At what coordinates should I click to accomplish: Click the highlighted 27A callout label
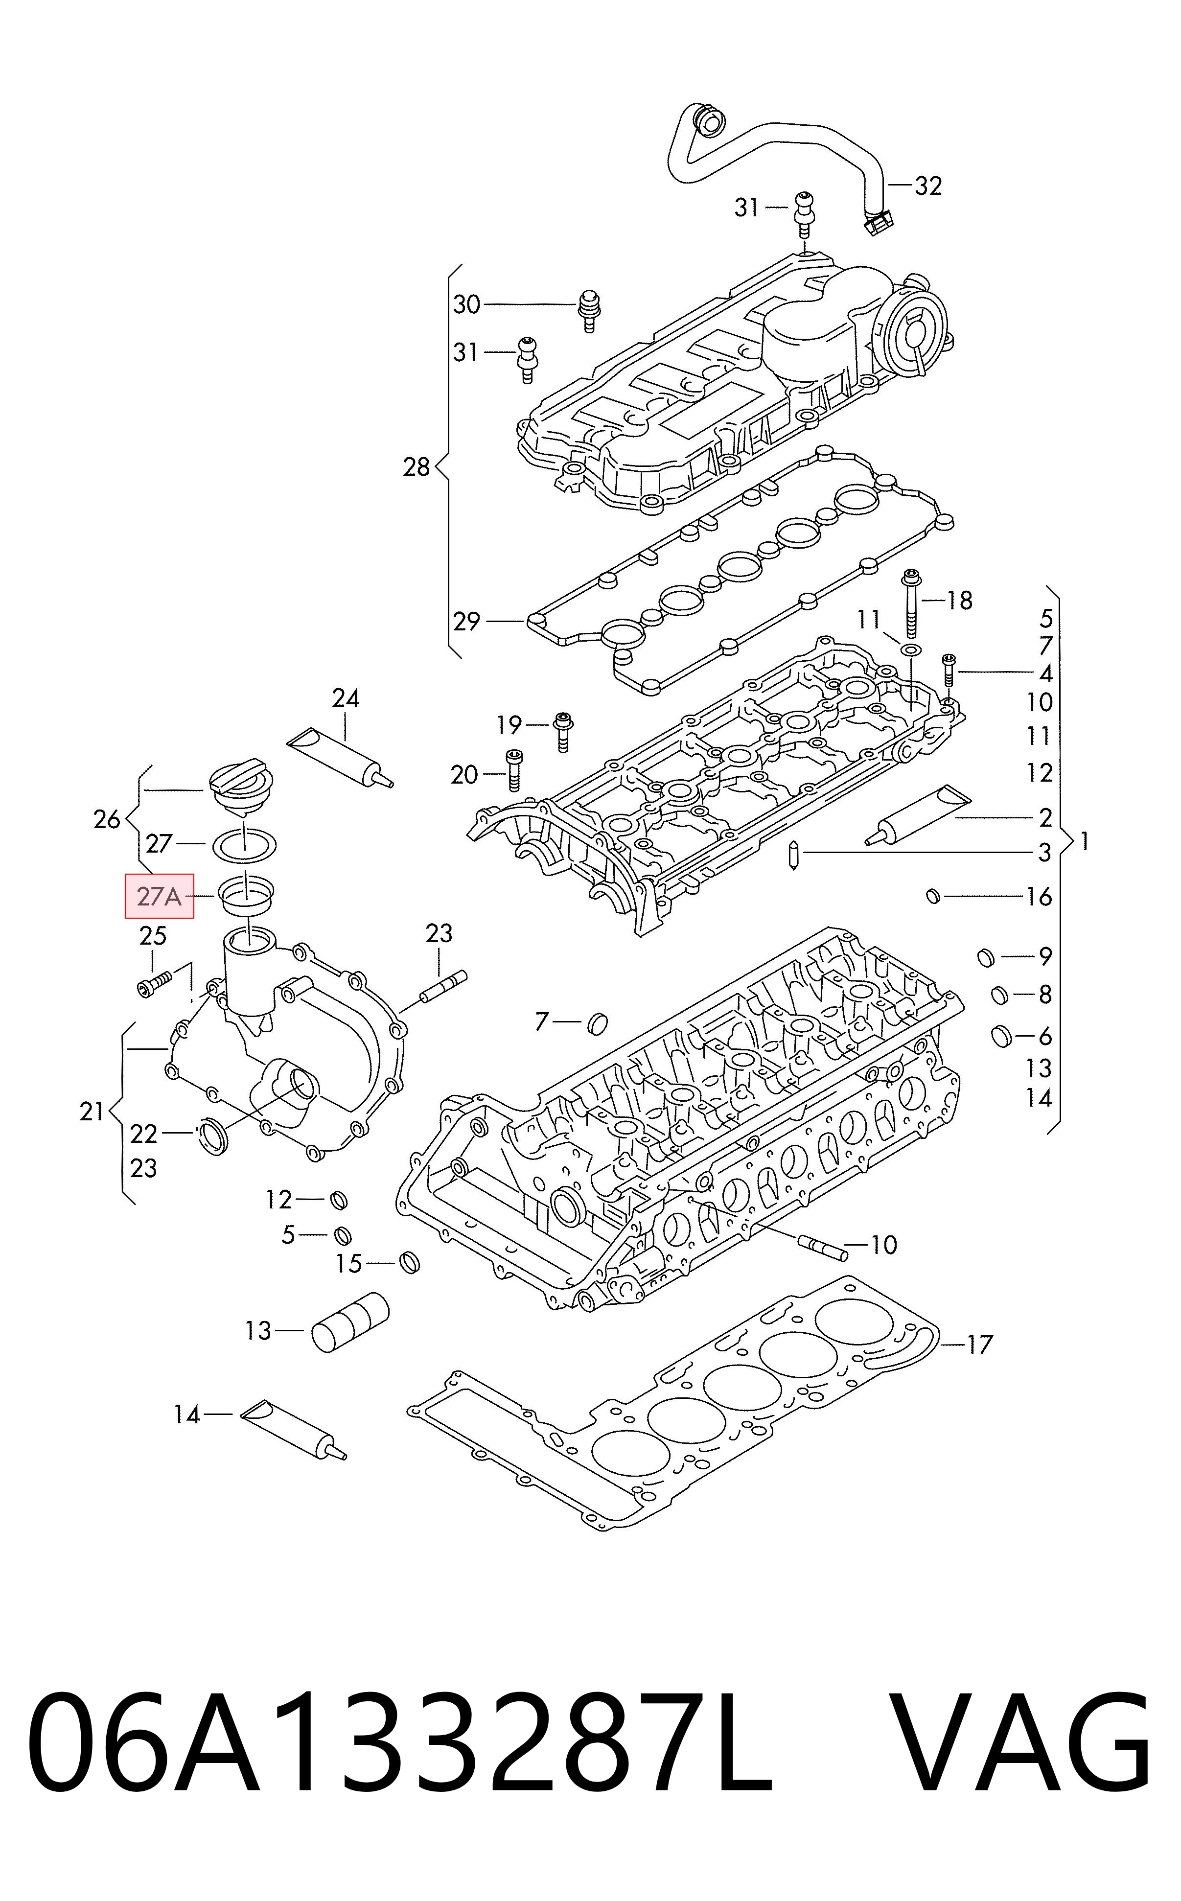(160, 896)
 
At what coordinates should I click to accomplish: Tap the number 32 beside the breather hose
(928, 186)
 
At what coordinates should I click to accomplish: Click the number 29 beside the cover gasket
(466, 622)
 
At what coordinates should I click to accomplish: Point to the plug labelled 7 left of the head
(598, 1021)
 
